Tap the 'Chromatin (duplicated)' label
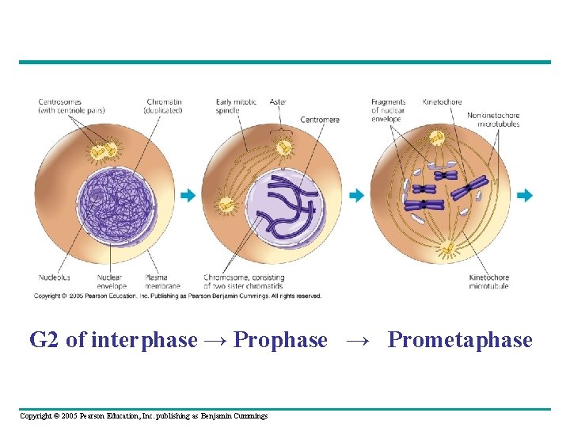(164, 106)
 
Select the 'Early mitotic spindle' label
(235, 106)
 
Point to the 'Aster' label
(277, 102)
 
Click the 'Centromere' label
(319, 120)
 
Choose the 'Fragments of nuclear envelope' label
(388, 110)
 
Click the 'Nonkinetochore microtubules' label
(493, 119)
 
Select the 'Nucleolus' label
(55, 277)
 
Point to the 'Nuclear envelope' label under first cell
(111, 281)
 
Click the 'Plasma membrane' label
(162, 281)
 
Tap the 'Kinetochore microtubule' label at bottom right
(488, 281)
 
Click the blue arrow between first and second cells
(187, 195)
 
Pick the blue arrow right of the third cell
(525, 195)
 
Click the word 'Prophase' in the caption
(281, 340)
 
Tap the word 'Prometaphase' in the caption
(460, 340)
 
